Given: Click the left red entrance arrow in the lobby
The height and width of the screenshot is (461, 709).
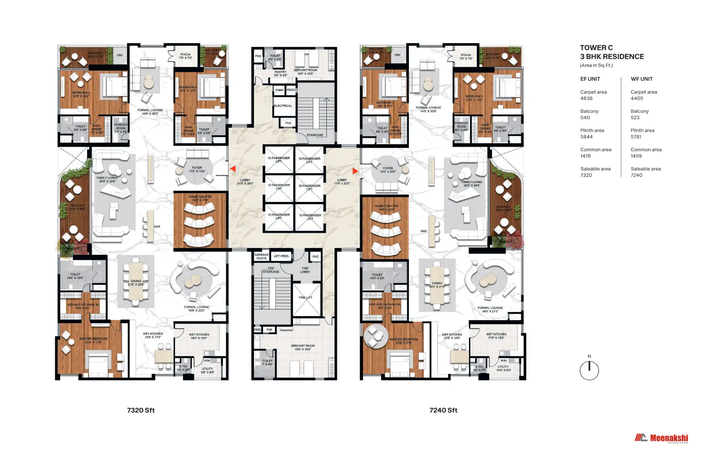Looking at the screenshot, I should click(x=233, y=169).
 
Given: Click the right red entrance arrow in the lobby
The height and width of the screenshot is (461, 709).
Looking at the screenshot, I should click(x=355, y=171).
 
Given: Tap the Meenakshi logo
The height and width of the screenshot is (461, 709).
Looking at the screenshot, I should click(x=661, y=438).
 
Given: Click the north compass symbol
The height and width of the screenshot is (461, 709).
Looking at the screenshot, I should click(x=589, y=370).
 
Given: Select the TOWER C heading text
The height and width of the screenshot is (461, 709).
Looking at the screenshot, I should click(x=596, y=48).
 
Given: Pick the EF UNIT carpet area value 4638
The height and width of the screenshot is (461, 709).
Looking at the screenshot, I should click(x=586, y=99).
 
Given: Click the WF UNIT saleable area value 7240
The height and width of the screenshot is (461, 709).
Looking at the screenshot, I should click(x=636, y=175).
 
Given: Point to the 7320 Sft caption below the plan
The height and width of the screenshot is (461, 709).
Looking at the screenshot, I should click(x=141, y=410).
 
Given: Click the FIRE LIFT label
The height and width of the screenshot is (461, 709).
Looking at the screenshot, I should click(x=305, y=297).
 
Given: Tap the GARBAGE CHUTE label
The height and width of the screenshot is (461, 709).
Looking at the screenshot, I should click(x=261, y=256).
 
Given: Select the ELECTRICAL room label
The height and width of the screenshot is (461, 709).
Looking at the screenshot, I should click(x=283, y=106).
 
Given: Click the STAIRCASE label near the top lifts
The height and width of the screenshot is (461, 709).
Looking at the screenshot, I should click(x=315, y=135).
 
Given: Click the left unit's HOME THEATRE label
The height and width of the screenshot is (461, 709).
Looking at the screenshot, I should click(x=200, y=197).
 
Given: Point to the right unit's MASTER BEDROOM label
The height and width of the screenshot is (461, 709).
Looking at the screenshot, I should click(x=403, y=340).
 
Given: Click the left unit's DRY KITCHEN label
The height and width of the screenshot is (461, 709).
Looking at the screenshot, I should click(x=153, y=334).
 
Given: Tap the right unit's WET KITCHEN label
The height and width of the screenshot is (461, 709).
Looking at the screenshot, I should click(x=496, y=334).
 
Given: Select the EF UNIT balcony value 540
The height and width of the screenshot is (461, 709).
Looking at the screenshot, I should click(x=585, y=118).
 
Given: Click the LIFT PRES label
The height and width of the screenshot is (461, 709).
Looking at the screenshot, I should click(x=281, y=256).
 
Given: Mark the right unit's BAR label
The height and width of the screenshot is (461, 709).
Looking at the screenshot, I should click(x=423, y=231).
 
